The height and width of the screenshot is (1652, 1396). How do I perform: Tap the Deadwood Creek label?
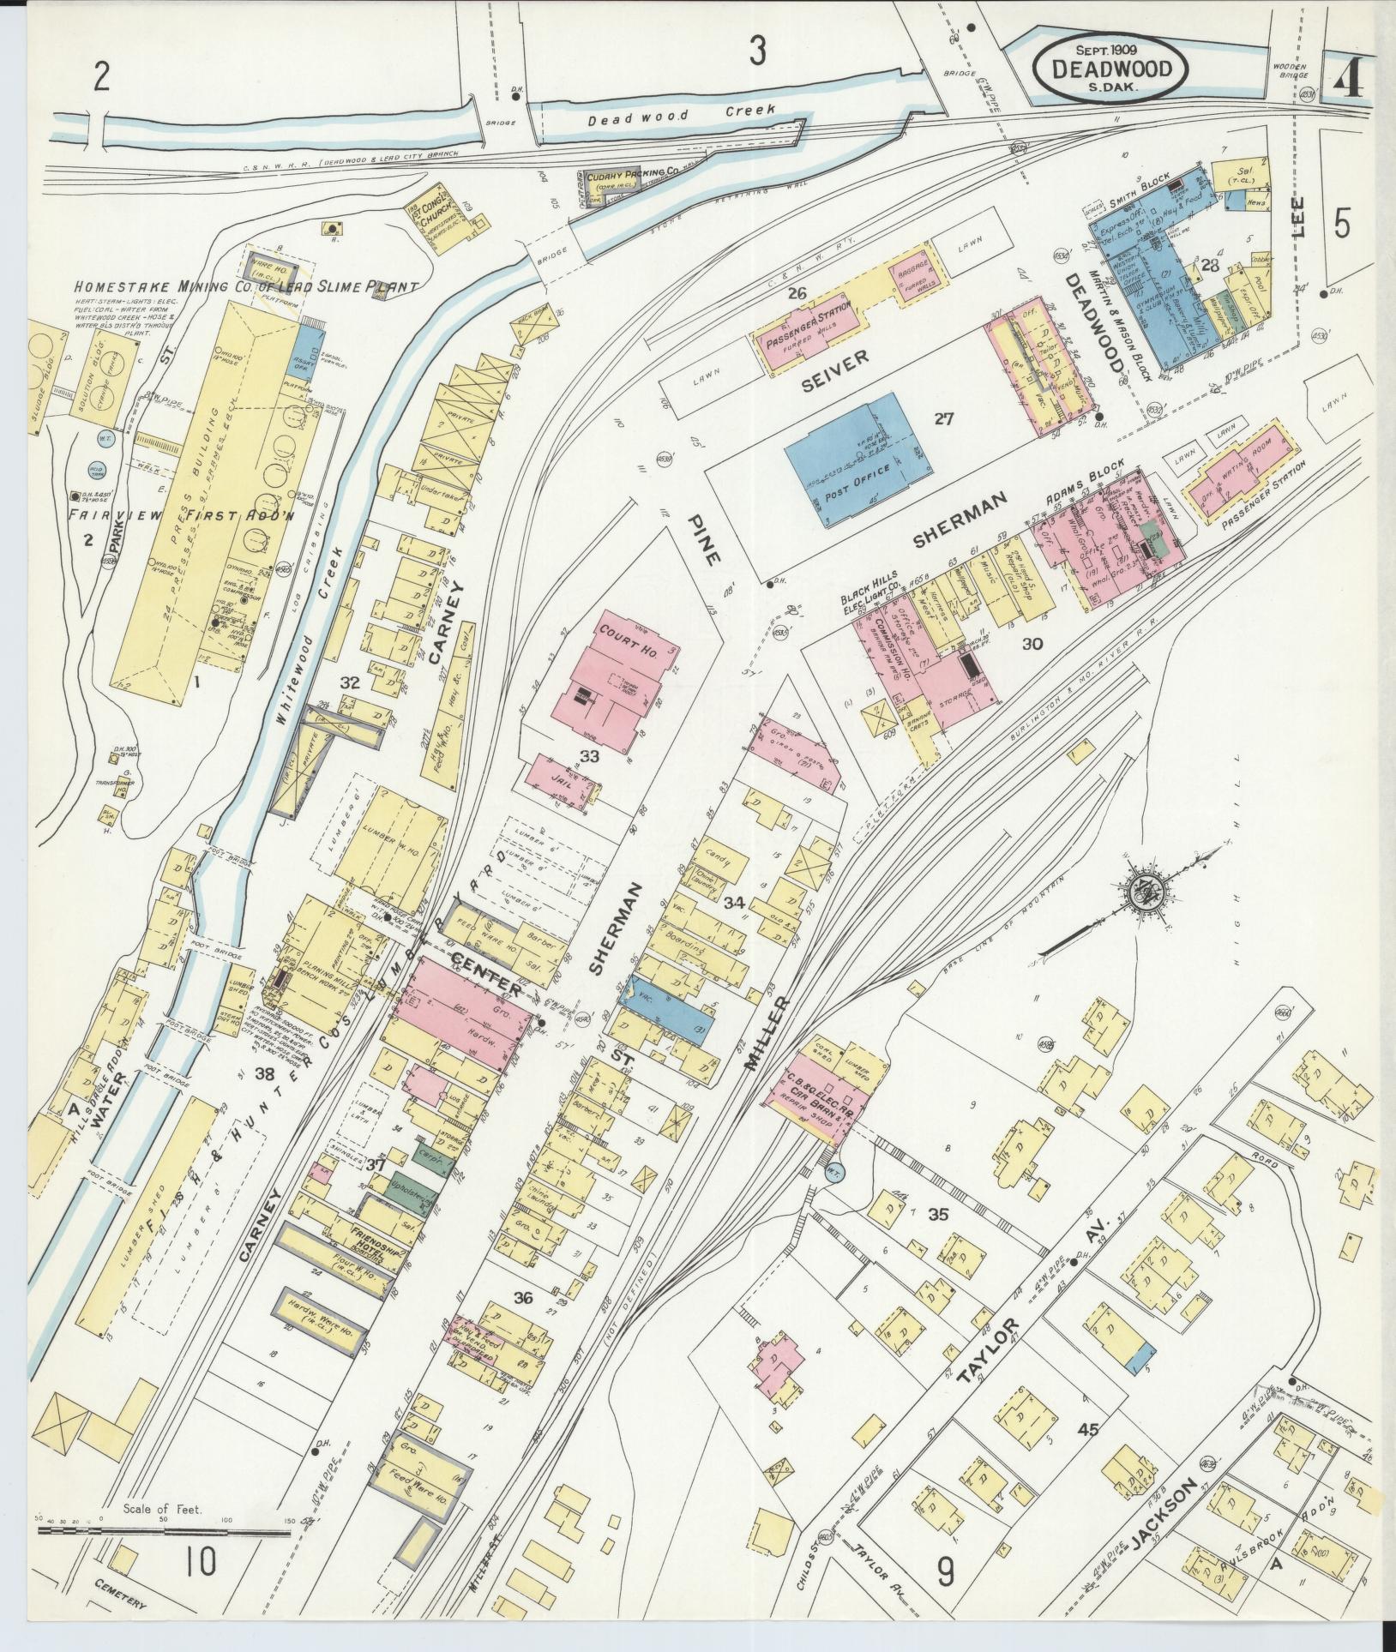(682, 113)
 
